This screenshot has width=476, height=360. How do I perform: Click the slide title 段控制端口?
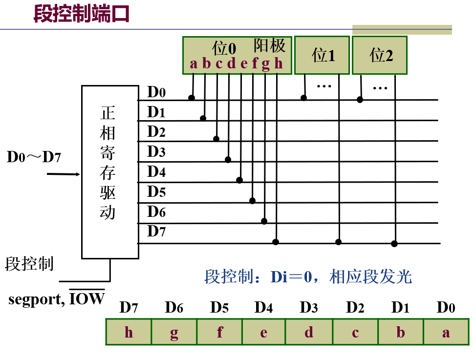click(x=81, y=14)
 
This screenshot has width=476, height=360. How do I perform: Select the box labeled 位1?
click(x=322, y=55)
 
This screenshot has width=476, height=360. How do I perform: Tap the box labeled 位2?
click(x=380, y=55)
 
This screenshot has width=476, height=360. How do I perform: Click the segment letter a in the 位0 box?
click(x=194, y=64)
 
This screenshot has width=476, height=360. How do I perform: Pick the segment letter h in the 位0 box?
click(x=278, y=64)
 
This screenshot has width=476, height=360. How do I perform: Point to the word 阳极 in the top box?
click(x=269, y=46)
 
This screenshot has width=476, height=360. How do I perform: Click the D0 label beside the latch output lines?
click(x=156, y=92)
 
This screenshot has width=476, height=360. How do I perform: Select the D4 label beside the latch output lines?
click(x=156, y=172)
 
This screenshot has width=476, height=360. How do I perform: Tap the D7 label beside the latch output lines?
click(x=156, y=232)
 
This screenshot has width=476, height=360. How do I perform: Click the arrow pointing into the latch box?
click(x=64, y=174)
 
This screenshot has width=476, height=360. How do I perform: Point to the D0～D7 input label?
click(x=34, y=157)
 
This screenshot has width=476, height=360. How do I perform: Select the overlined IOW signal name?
click(x=87, y=298)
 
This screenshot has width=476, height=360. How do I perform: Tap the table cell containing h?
click(x=129, y=332)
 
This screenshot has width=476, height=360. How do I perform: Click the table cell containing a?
click(x=446, y=332)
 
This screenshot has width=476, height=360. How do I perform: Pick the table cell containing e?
click(x=263, y=332)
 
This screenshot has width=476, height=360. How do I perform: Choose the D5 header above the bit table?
click(x=219, y=308)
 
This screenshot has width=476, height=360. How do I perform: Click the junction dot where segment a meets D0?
click(x=192, y=98)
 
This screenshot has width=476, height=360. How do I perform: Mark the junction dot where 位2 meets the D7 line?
click(x=394, y=244)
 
